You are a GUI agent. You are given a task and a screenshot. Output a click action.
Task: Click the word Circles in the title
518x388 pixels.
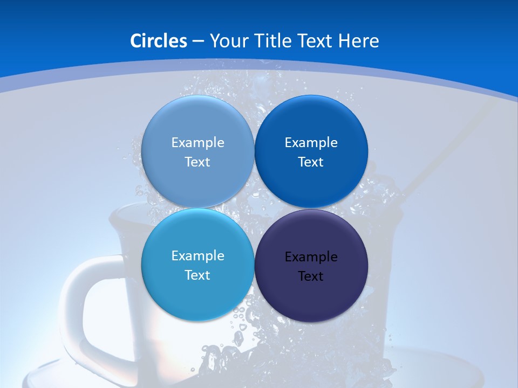[x=158, y=41]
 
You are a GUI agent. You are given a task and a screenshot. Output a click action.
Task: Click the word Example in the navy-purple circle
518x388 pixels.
[x=311, y=257]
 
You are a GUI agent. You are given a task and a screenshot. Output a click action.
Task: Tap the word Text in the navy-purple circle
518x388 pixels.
[x=311, y=276]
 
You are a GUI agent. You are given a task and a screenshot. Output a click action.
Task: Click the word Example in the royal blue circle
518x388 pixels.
[x=311, y=143]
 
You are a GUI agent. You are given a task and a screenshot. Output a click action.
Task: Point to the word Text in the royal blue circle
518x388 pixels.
[x=311, y=162]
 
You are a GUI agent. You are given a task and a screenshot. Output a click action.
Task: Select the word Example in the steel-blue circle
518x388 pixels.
[x=197, y=143]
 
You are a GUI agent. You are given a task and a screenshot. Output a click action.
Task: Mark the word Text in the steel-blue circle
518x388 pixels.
[x=197, y=162]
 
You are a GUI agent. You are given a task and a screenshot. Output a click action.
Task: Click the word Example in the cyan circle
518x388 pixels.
[x=197, y=256]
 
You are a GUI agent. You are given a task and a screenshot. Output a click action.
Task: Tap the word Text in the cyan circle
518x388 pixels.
[x=197, y=275]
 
